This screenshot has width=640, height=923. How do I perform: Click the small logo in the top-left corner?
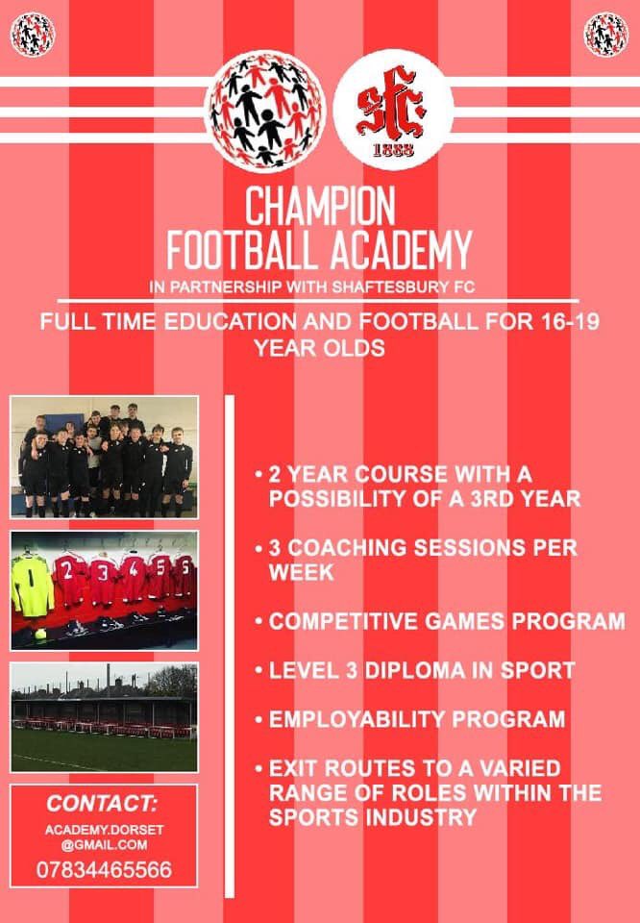(32, 34)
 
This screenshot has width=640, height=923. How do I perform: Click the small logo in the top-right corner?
(606, 34)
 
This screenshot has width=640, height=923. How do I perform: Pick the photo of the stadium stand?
(104, 717)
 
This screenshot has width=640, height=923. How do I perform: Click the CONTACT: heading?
(103, 804)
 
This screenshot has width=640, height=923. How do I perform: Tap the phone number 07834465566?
(104, 870)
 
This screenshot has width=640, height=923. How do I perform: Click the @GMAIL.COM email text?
(104, 845)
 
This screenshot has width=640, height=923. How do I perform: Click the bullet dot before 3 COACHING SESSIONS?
(259, 548)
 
